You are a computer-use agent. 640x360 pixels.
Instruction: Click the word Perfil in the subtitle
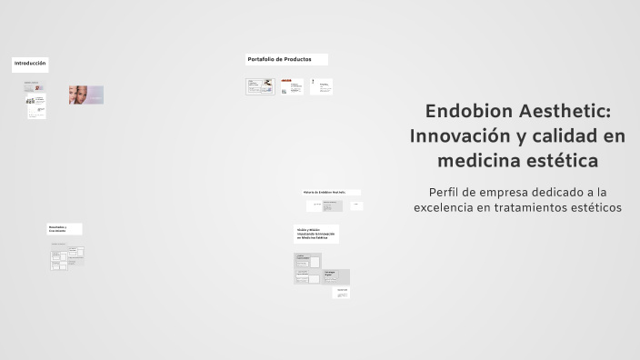pyautogui.click(x=448, y=192)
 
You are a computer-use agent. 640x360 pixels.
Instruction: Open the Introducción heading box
pyautogui.click(x=30, y=65)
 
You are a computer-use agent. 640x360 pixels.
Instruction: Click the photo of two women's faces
pyautogui.click(x=86, y=95)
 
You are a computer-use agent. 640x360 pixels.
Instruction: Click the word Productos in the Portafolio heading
pyautogui.click(x=296, y=59)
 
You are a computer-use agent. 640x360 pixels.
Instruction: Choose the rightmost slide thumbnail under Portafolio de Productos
pyautogui.click(x=321, y=87)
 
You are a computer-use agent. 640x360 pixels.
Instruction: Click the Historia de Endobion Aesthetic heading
pyautogui.click(x=331, y=192)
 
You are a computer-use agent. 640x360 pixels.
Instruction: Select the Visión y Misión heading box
pyautogui.click(x=315, y=234)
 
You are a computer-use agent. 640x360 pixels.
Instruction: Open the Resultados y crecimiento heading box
pyautogui.click(x=65, y=229)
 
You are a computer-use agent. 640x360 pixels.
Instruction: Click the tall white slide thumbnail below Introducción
pyautogui.click(x=36, y=107)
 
